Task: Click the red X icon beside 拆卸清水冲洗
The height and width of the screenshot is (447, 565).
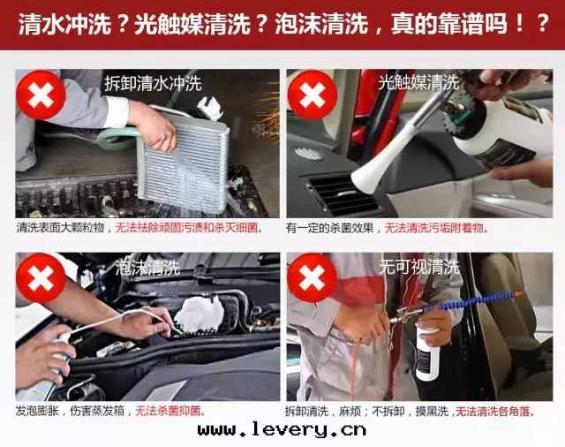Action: click(41, 95)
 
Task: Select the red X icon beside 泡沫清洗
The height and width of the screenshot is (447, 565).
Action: click(41, 277)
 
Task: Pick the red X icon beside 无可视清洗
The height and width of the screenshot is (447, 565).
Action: click(311, 277)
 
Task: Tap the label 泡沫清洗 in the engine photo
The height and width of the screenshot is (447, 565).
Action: click(147, 266)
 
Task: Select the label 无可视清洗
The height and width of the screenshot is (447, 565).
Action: click(418, 266)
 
